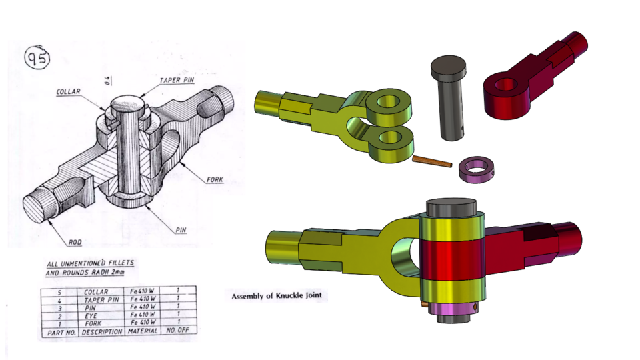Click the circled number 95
(37, 59)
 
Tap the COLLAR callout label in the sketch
(69, 92)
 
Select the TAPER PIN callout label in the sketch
(177, 80)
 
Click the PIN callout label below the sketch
(180, 229)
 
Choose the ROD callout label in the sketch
(75, 241)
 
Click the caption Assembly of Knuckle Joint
(280, 295)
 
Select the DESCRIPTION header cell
(102, 331)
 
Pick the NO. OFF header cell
(178, 331)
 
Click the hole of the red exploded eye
(507, 85)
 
